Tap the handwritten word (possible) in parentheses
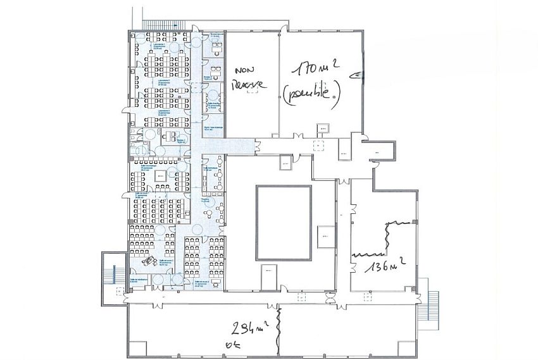(311, 94)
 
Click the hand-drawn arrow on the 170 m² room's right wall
(357, 75)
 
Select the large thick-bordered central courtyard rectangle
(284, 221)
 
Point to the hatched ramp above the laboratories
(163, 25)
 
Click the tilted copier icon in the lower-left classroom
(149, 260)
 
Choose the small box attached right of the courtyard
(325, 235)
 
